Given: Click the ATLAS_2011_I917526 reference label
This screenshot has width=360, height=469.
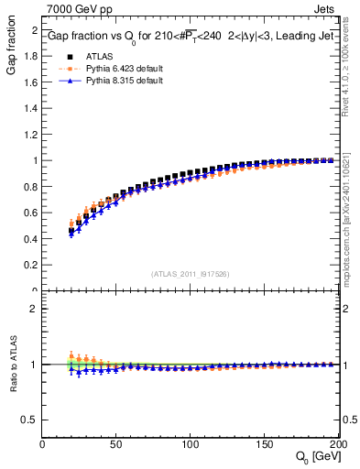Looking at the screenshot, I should pyautogui.click(x=190, y=273).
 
